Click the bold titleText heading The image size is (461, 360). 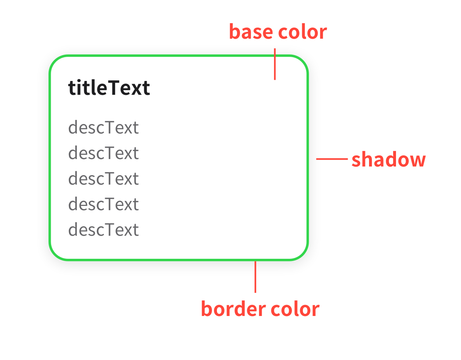[109, 87]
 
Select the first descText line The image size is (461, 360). [103, 127]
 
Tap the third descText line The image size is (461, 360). [103, 178]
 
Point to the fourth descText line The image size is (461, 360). [103, 203]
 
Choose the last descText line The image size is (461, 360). [103, 229]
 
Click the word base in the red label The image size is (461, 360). [251, 31]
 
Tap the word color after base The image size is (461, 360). [303, 32]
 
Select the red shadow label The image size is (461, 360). [389, 159]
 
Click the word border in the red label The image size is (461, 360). [233, 309]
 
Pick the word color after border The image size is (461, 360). [295, 309]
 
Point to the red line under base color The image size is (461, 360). [275, 64]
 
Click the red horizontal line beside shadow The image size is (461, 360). [332, 159]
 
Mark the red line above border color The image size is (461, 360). [255, 277]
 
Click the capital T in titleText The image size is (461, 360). [114, 87]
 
